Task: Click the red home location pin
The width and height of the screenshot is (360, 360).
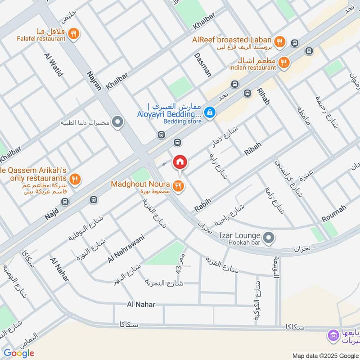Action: (x=180, y=162)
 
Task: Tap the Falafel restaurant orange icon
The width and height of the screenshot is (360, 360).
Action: (x=75, y=33)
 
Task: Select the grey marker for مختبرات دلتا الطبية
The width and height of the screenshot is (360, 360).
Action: (x=117, y=122)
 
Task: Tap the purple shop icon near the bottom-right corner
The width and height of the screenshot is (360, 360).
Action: (x=333, y=335)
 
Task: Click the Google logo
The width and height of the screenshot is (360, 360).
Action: (x=19, y=353)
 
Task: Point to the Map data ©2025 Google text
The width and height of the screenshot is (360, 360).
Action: (x=325, y=355)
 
